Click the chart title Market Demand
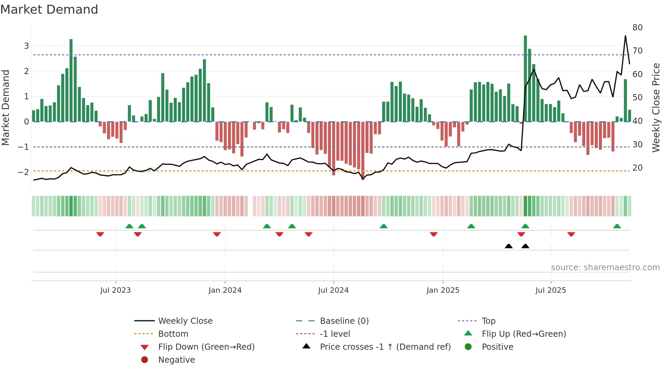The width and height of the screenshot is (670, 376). [x=49, y=10]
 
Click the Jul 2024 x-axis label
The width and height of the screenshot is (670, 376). [x=333, y=290]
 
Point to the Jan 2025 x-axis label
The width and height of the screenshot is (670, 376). [x=443, y=290]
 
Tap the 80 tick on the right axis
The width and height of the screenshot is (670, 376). [x=637, y=28]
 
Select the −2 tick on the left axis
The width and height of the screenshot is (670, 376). [x=23, y=172]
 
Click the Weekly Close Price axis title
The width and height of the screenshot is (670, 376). [x=656, y=107]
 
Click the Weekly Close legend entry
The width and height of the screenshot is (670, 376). [x=185, y=321]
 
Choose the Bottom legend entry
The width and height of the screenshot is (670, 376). [x=173, y=334]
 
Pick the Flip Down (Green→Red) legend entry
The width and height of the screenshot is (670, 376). [x=206, y=347]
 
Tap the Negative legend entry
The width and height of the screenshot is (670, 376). [x=176, y=360]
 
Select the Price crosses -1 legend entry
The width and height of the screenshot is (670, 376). [x=385, y=347]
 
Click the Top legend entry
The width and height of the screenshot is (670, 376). [x=488, y=321]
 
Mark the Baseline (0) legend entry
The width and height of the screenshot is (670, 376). [x=344, y=321]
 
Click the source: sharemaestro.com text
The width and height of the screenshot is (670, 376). [x=605, y=267]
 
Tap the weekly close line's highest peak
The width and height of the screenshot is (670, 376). [x=625, y=36]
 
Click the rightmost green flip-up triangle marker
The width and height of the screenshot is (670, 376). [x=617, y=227]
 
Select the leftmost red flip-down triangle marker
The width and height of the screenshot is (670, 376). [x=100, y=234]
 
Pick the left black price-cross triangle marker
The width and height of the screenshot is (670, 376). [x=509, y=246]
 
